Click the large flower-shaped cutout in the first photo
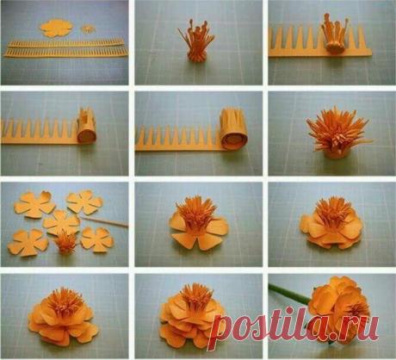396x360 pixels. [56, 28]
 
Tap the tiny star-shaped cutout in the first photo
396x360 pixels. [87, 29]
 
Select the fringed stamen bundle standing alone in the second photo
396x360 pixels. [196, 41]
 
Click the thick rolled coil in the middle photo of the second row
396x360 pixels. [234, 129]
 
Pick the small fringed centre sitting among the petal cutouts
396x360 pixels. [65, 243]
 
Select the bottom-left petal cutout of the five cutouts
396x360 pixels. [28, 243]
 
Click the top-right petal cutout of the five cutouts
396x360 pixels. [84, 202]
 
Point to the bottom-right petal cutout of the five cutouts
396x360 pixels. [97, 239]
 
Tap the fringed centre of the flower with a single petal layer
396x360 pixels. [197, 214]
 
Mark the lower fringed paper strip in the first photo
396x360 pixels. [65, 53]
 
